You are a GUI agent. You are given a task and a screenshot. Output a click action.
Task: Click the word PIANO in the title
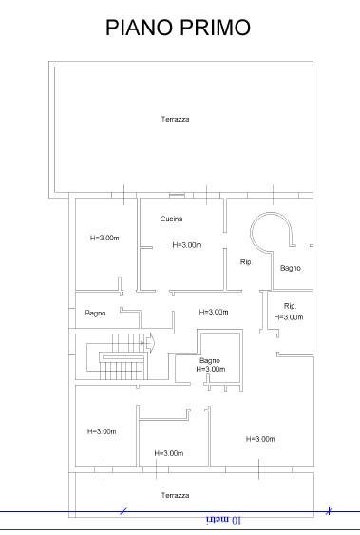pyautogui.click(x=140, y=28)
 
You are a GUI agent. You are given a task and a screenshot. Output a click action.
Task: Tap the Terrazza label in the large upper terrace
pyautogui.click(x=175, y=119)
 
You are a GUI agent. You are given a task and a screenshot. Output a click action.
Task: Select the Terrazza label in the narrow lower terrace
pyautogui.click(x=175, y=495)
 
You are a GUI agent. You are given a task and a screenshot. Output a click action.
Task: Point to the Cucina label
pyautogui.click(x=171, y=219)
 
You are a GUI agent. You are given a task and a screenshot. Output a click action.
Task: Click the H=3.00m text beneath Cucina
pyautogui.click(x=187, y=245)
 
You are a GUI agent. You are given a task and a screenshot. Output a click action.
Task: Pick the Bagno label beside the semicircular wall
pyautogui.click(x=291, y=268)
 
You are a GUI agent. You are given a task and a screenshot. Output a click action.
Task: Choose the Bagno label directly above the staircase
pyautogui.click(x=95, y=313)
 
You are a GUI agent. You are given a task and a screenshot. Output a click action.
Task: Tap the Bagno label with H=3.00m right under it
pyautogui.click(x=210, y=360)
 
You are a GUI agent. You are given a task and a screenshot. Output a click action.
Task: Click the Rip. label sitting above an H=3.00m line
pyautogui.click(x=290, y=306)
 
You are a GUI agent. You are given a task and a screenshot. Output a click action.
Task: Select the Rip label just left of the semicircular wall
pyautogui.click(x=246, y=262)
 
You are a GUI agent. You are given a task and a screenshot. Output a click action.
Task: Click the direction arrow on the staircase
pyautogui.click(x=149, y=342)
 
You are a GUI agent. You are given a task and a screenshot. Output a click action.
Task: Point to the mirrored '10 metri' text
pyautogui.click(x=223, y=520)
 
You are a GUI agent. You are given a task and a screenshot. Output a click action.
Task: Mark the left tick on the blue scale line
pyautogui.click(x=123, y=511)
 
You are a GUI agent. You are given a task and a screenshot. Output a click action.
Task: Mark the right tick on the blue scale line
pyautogui.click(x=329, y=511)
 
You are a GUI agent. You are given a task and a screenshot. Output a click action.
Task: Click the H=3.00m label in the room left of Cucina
pyautogui.click(x=104, y=238)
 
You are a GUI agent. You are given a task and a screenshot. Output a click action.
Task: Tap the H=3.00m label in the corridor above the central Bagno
pyautogui.click(x=214, y=312)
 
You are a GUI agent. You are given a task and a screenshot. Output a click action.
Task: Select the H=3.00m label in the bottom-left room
pyautogui.click(x=102, y=431)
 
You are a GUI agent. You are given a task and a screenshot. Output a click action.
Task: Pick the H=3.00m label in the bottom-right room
pyautogui.click(x=260, y=439)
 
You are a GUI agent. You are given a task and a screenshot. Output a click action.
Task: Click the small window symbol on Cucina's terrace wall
pyautogui.click(x=177, y=195)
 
